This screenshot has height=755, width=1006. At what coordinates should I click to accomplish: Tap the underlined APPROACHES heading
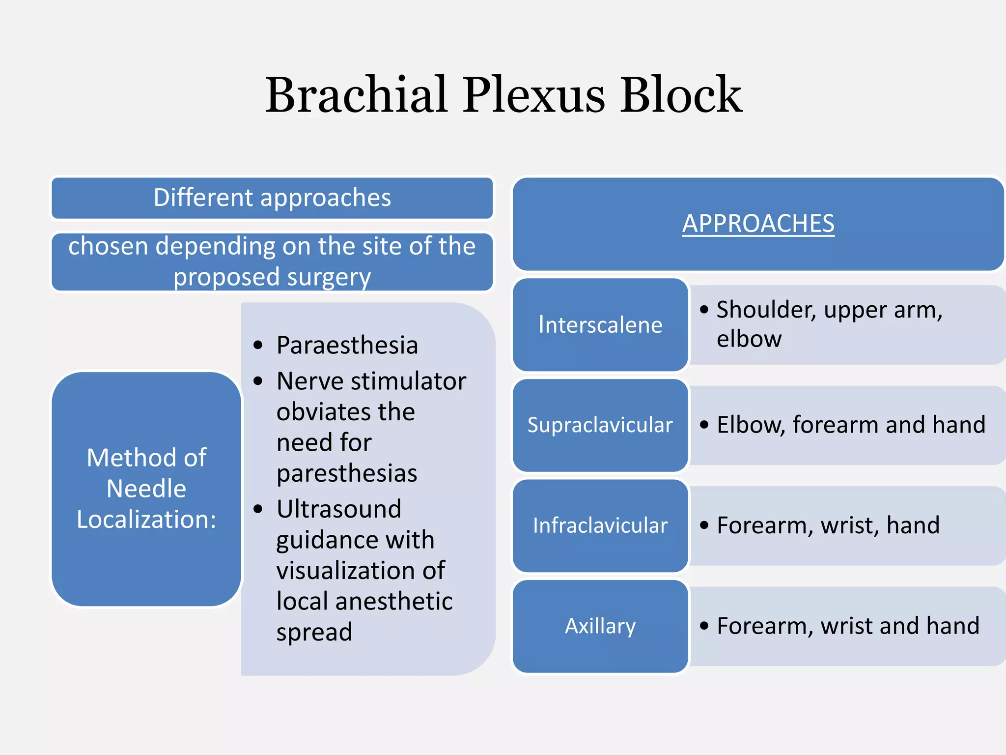758,224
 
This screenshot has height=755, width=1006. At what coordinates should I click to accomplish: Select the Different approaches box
272,198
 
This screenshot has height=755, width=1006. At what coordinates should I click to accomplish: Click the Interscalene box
600,325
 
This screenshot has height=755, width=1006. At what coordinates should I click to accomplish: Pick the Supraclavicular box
600,425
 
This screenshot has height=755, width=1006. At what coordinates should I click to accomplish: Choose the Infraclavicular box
600,525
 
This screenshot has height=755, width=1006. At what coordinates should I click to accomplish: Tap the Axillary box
600,626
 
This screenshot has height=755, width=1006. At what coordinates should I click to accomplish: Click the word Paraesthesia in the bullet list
347,345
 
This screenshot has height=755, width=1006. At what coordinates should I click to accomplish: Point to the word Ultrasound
339,509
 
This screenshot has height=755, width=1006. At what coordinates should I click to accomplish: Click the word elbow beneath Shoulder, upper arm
749,339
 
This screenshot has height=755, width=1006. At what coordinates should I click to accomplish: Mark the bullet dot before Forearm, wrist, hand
704,525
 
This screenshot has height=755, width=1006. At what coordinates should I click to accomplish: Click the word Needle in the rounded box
146,489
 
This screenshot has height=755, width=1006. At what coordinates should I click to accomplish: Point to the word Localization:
146,520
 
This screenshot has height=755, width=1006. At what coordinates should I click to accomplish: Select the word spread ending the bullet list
314,632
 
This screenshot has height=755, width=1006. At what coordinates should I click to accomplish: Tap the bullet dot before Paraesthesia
258,346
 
